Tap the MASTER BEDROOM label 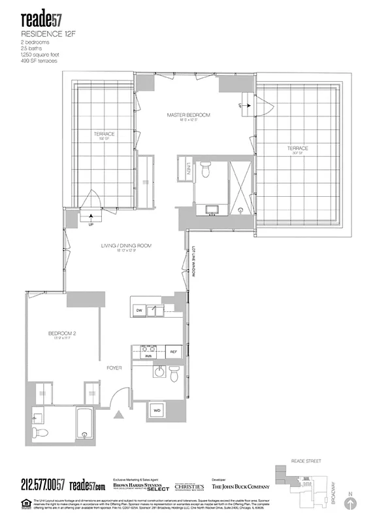(188, 116)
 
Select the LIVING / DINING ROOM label (126, 246)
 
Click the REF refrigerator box (174, 351)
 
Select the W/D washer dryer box (157, 410)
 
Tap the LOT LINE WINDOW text (193, 262)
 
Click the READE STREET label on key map (307, 461)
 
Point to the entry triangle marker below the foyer (118, 414)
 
